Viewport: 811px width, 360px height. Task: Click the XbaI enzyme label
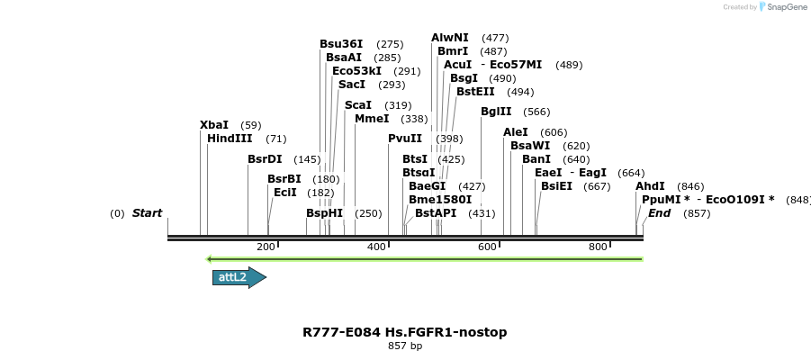click(214, 125)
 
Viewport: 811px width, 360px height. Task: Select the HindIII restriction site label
click(230, 139)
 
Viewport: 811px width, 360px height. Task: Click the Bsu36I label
click(341, 44)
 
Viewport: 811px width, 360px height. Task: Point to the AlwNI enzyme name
click(449, 38)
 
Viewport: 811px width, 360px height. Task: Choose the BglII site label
click(496, 112)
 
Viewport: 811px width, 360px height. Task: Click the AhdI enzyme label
click(650, 186)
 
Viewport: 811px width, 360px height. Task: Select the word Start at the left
click(147, 213)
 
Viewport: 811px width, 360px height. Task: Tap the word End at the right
click(659, 213)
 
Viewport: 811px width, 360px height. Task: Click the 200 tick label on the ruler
click(266, 247)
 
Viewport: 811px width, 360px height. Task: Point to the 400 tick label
click(376, 247)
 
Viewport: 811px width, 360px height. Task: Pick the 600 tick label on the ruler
click(487, 247)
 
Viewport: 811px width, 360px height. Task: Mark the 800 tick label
click(598, 247)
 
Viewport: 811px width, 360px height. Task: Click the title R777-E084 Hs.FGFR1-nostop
click(405, 332)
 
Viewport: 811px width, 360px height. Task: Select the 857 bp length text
click(405, 346)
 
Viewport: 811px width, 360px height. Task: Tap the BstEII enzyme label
click(475, 92)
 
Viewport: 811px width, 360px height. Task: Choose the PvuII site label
click(405, 139)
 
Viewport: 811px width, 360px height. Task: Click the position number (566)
click(536, 112)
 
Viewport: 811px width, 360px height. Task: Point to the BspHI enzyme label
click(325, 213)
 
